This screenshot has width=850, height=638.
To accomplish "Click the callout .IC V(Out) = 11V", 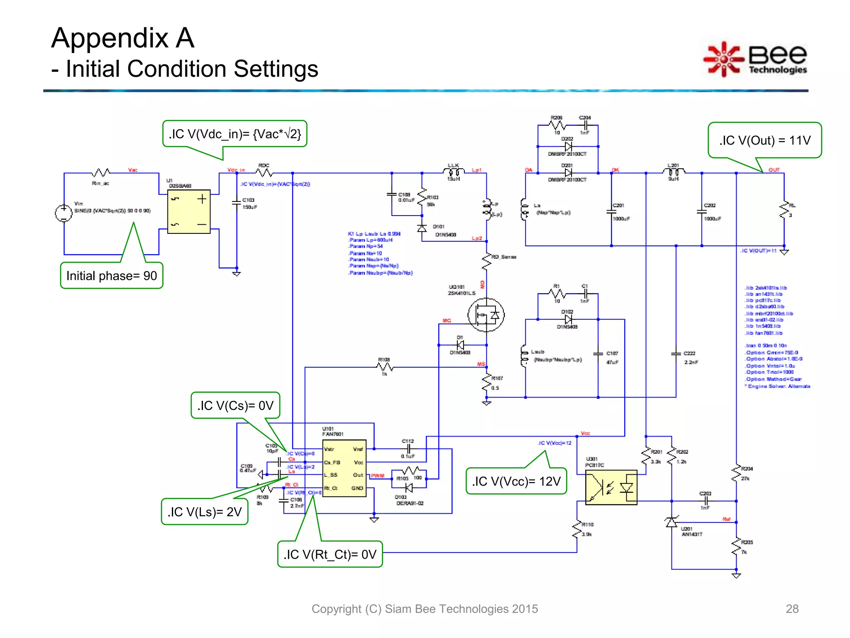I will (x=765, y=140).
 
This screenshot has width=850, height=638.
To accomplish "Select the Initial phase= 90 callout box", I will (x=112, y=275).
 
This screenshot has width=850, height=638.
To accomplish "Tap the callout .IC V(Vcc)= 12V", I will (x=516, y=481).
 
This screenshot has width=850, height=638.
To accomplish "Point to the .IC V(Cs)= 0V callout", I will (x=235, y=405).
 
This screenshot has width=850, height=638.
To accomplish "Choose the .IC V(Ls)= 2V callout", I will (x=205, y=512).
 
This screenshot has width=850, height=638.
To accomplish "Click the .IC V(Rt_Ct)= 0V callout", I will (x=330, y=554).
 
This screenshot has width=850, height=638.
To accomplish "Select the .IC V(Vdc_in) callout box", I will (x=235, y=134).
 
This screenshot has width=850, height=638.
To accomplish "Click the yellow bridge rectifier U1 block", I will (x=189, y=212).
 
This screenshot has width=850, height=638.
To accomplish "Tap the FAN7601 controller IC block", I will (x=344, y=468).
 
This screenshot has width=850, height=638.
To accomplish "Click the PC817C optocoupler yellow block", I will (x=611, y=487).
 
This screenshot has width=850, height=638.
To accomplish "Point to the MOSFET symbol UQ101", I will (x=486, y=315).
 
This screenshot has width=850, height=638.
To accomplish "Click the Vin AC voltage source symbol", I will (x=64, y=213).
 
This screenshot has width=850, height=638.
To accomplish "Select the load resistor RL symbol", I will (x=784, y=210).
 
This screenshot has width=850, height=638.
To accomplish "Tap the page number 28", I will (x=792, y=609).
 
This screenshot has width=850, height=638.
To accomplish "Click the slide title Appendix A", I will (x=123, y=38).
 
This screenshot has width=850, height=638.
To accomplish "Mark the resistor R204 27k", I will (x=736, y=474).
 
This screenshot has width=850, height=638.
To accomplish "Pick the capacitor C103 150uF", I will (x=237, y=202).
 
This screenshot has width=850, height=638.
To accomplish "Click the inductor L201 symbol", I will (x=673, y=171).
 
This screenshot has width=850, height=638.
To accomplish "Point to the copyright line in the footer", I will (x=425, y=609).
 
